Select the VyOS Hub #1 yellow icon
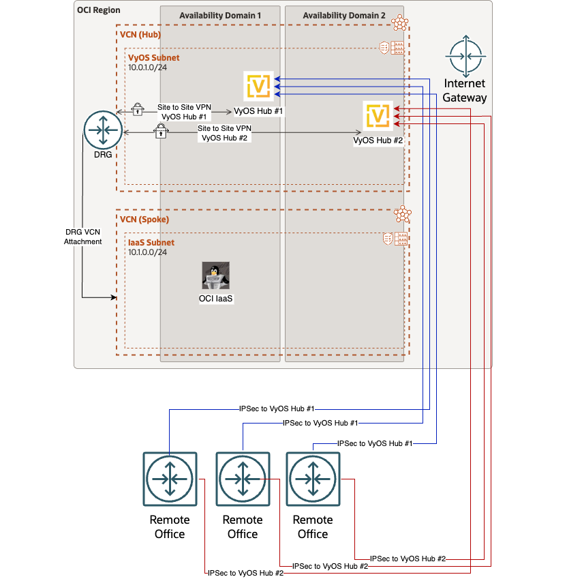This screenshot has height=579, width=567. pyautogui.click(x=259, y=86)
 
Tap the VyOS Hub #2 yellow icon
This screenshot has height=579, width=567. pyautogui.click(x=378, y=115)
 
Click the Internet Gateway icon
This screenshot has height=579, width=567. pyautogui.click(x=465, y=57)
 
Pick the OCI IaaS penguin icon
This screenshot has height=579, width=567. pyautogui.click(x=215, y=276)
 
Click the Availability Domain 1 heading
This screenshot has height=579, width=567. pyautogui.click(x=220, y=15)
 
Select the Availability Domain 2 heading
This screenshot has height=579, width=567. pyautogui.click(x=343, y=15)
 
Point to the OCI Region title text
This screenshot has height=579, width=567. pyautogui.click(x=99, y=10)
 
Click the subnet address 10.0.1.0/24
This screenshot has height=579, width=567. pyautogui.click(x=148, y=68)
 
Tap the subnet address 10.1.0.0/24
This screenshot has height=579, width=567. pyautogui.click(x=148, y=252)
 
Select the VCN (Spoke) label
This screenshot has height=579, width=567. pyautogui.click(x=144, y=220)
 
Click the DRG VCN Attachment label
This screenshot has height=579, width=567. pyautogui.click(x=83, y=237)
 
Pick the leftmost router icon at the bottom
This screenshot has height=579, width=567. pyautogui.click(x=170, y=479)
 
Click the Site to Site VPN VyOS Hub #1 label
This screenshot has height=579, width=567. pyautogui.click(x=185, y=112)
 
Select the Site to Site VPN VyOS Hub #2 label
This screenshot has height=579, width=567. pyautogui.click(x=224, y=132)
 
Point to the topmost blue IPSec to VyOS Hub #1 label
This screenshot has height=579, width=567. pyautogui.click(x=277, y=409)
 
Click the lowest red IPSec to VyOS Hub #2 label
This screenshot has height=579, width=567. pyautogui.click(x=245, y=574)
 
